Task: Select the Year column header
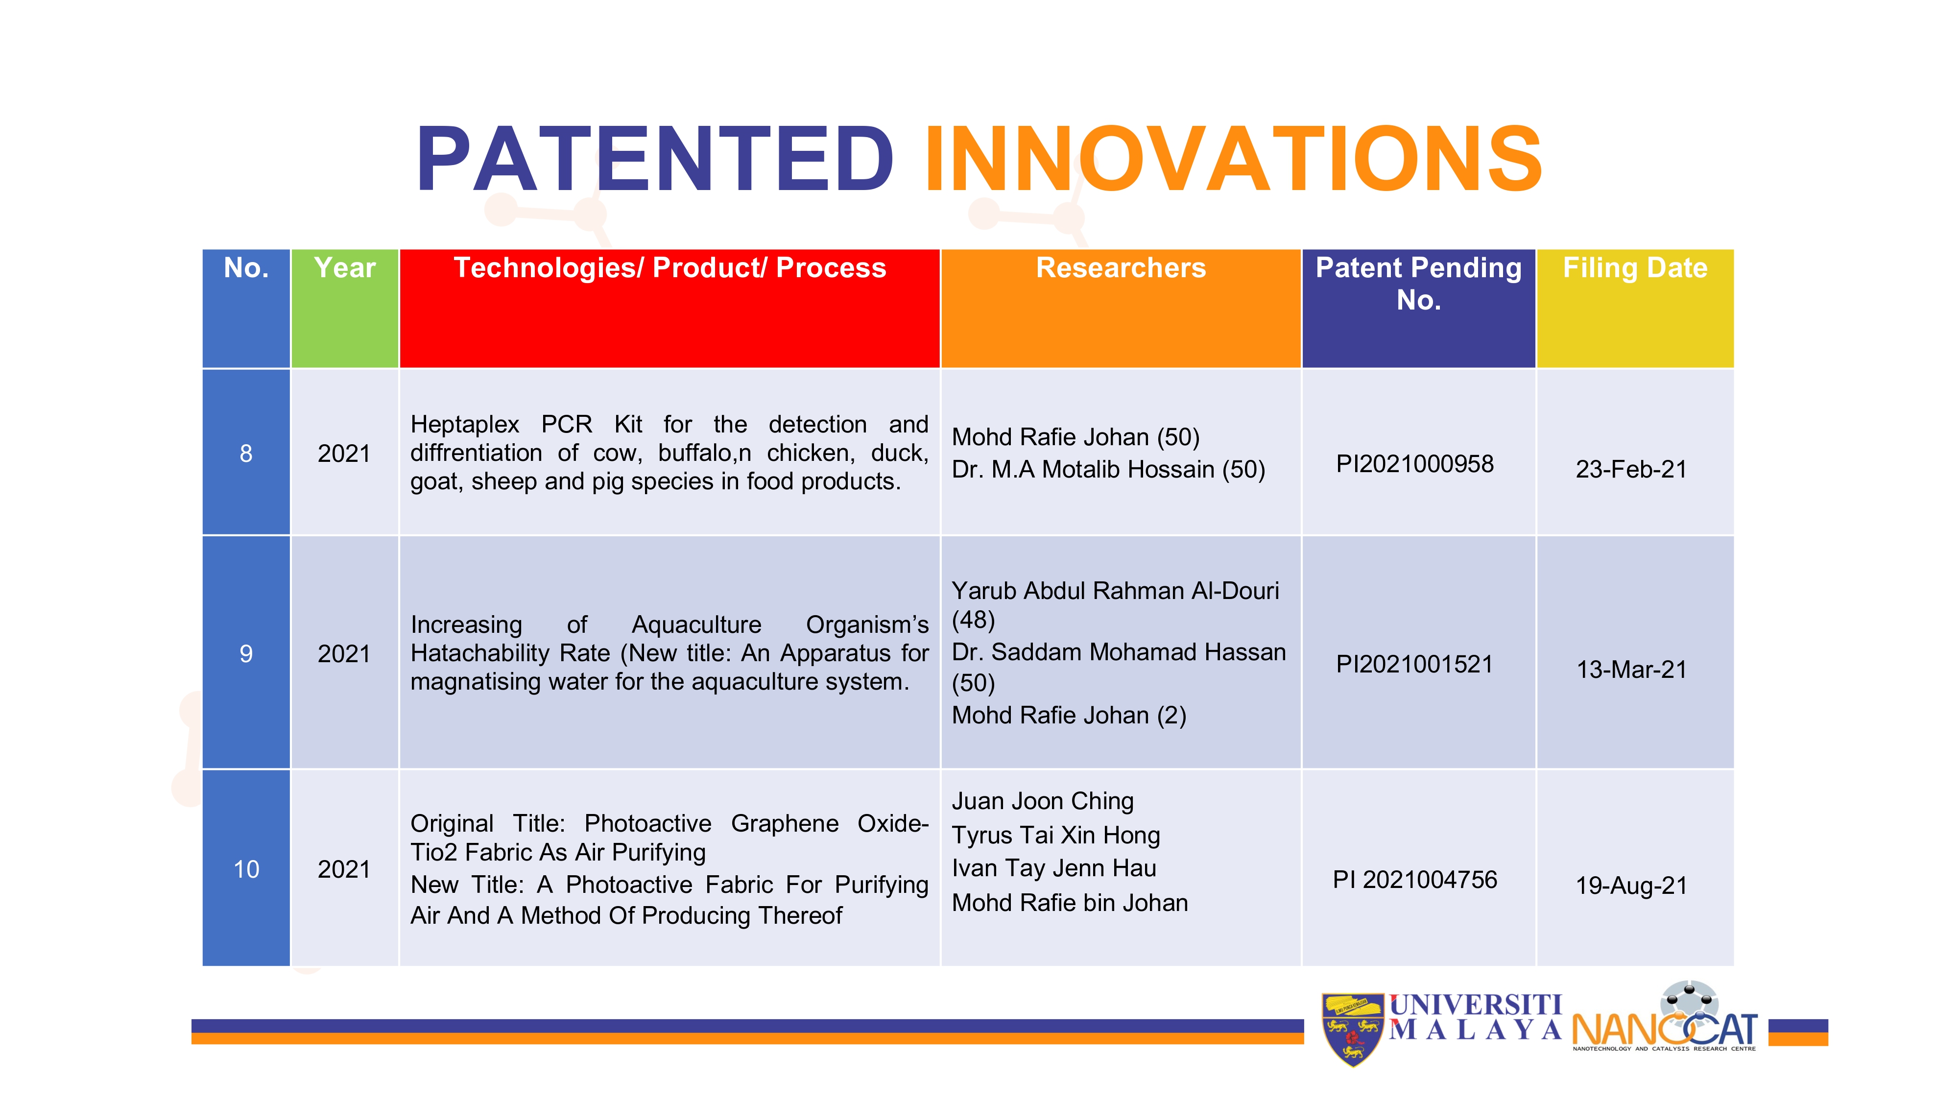tap(344, 268)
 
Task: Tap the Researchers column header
tap(1121, 268)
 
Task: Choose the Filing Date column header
tap(1635, 268)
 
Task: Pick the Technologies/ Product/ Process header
tap(670, 268)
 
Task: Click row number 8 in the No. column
tap(246, 453)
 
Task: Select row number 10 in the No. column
tap(246, 869)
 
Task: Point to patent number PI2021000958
tap(1414, 464)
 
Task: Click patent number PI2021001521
tap(1414, 664)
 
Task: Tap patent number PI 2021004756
tap(1414, 880)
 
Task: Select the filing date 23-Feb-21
tap(1631, 469)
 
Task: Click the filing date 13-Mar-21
tap(1631, 669)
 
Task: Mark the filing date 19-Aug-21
tap(1631, 885)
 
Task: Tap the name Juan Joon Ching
tap(1043, 801)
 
